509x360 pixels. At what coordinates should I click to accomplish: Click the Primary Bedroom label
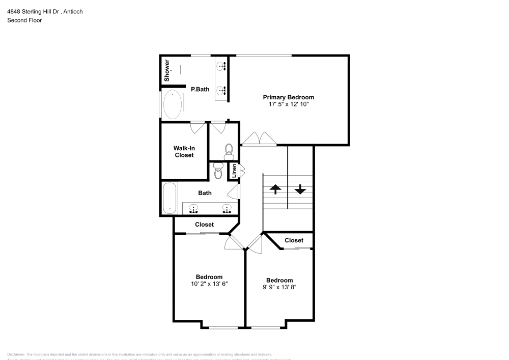288,97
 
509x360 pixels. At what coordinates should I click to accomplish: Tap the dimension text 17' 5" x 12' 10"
289,104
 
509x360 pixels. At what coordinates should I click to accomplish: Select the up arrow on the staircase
275,189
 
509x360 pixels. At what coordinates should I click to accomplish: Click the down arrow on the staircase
300,189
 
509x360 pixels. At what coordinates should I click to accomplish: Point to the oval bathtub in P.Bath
172,104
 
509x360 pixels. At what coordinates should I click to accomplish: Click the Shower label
166,70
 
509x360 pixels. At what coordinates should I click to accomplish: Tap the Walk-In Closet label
184,152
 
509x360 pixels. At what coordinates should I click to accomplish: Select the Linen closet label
234,171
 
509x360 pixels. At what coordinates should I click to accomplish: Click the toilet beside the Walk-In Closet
229,150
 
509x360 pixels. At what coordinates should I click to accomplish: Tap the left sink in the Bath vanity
194,208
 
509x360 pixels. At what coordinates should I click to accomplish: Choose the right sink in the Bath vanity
227,208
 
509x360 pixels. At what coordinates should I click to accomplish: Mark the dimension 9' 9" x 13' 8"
279,287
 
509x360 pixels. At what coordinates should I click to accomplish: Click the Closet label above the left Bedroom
204,225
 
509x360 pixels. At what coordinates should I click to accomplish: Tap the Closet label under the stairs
294,240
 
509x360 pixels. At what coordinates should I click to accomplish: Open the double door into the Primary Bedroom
259,140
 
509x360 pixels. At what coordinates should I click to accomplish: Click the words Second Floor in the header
24,20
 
